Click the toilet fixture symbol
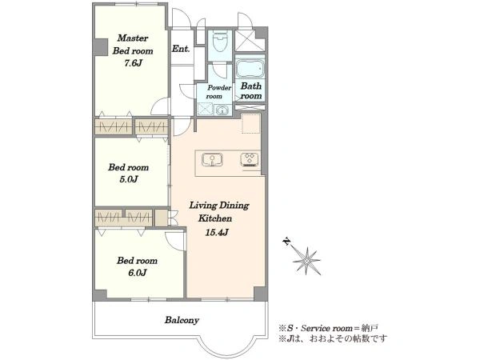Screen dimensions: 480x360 220,42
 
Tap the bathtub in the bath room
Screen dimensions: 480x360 250,69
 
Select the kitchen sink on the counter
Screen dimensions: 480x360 212,160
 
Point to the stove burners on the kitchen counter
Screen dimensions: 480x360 250,159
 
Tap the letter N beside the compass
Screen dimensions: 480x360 286,242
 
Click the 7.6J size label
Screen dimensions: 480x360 133,63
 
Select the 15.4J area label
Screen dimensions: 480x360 217,232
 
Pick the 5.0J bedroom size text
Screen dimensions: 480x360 128,179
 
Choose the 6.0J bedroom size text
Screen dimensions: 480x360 137,273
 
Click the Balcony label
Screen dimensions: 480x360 182,320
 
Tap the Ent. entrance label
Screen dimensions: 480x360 181,48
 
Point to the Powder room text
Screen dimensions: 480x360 218,92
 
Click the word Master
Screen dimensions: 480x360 133,38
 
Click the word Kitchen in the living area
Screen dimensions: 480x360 215,218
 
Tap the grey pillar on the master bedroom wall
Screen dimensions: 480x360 101,47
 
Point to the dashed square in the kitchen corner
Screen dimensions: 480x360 251,123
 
